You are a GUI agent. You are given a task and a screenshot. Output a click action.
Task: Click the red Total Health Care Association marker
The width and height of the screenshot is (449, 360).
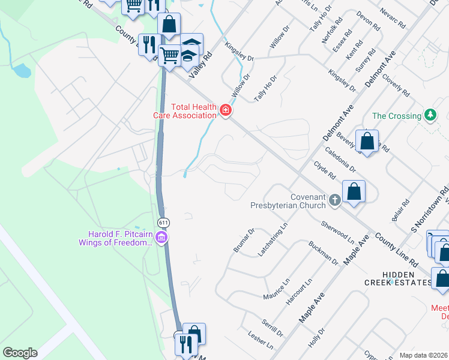pyautogui.click(x=226, y=110)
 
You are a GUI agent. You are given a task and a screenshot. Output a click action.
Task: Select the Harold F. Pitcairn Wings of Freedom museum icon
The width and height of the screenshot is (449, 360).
pyautogui.click(x=161, y=238)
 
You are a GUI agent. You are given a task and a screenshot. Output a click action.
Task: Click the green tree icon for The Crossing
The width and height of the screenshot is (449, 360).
pyautogui.click(x=429, y=115)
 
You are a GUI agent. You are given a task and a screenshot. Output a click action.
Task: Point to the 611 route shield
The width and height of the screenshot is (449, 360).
pyautogui.click(x=163, y=222)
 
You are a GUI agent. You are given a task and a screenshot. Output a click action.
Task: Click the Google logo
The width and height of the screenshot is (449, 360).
pyautogui.click(x=20, y=352)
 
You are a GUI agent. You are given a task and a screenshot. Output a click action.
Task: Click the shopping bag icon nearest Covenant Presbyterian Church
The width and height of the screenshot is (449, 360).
pyautogui.click(x=355, y=191)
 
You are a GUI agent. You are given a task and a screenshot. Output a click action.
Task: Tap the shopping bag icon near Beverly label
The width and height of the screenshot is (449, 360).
pyautogui.click(x=367, y=141)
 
